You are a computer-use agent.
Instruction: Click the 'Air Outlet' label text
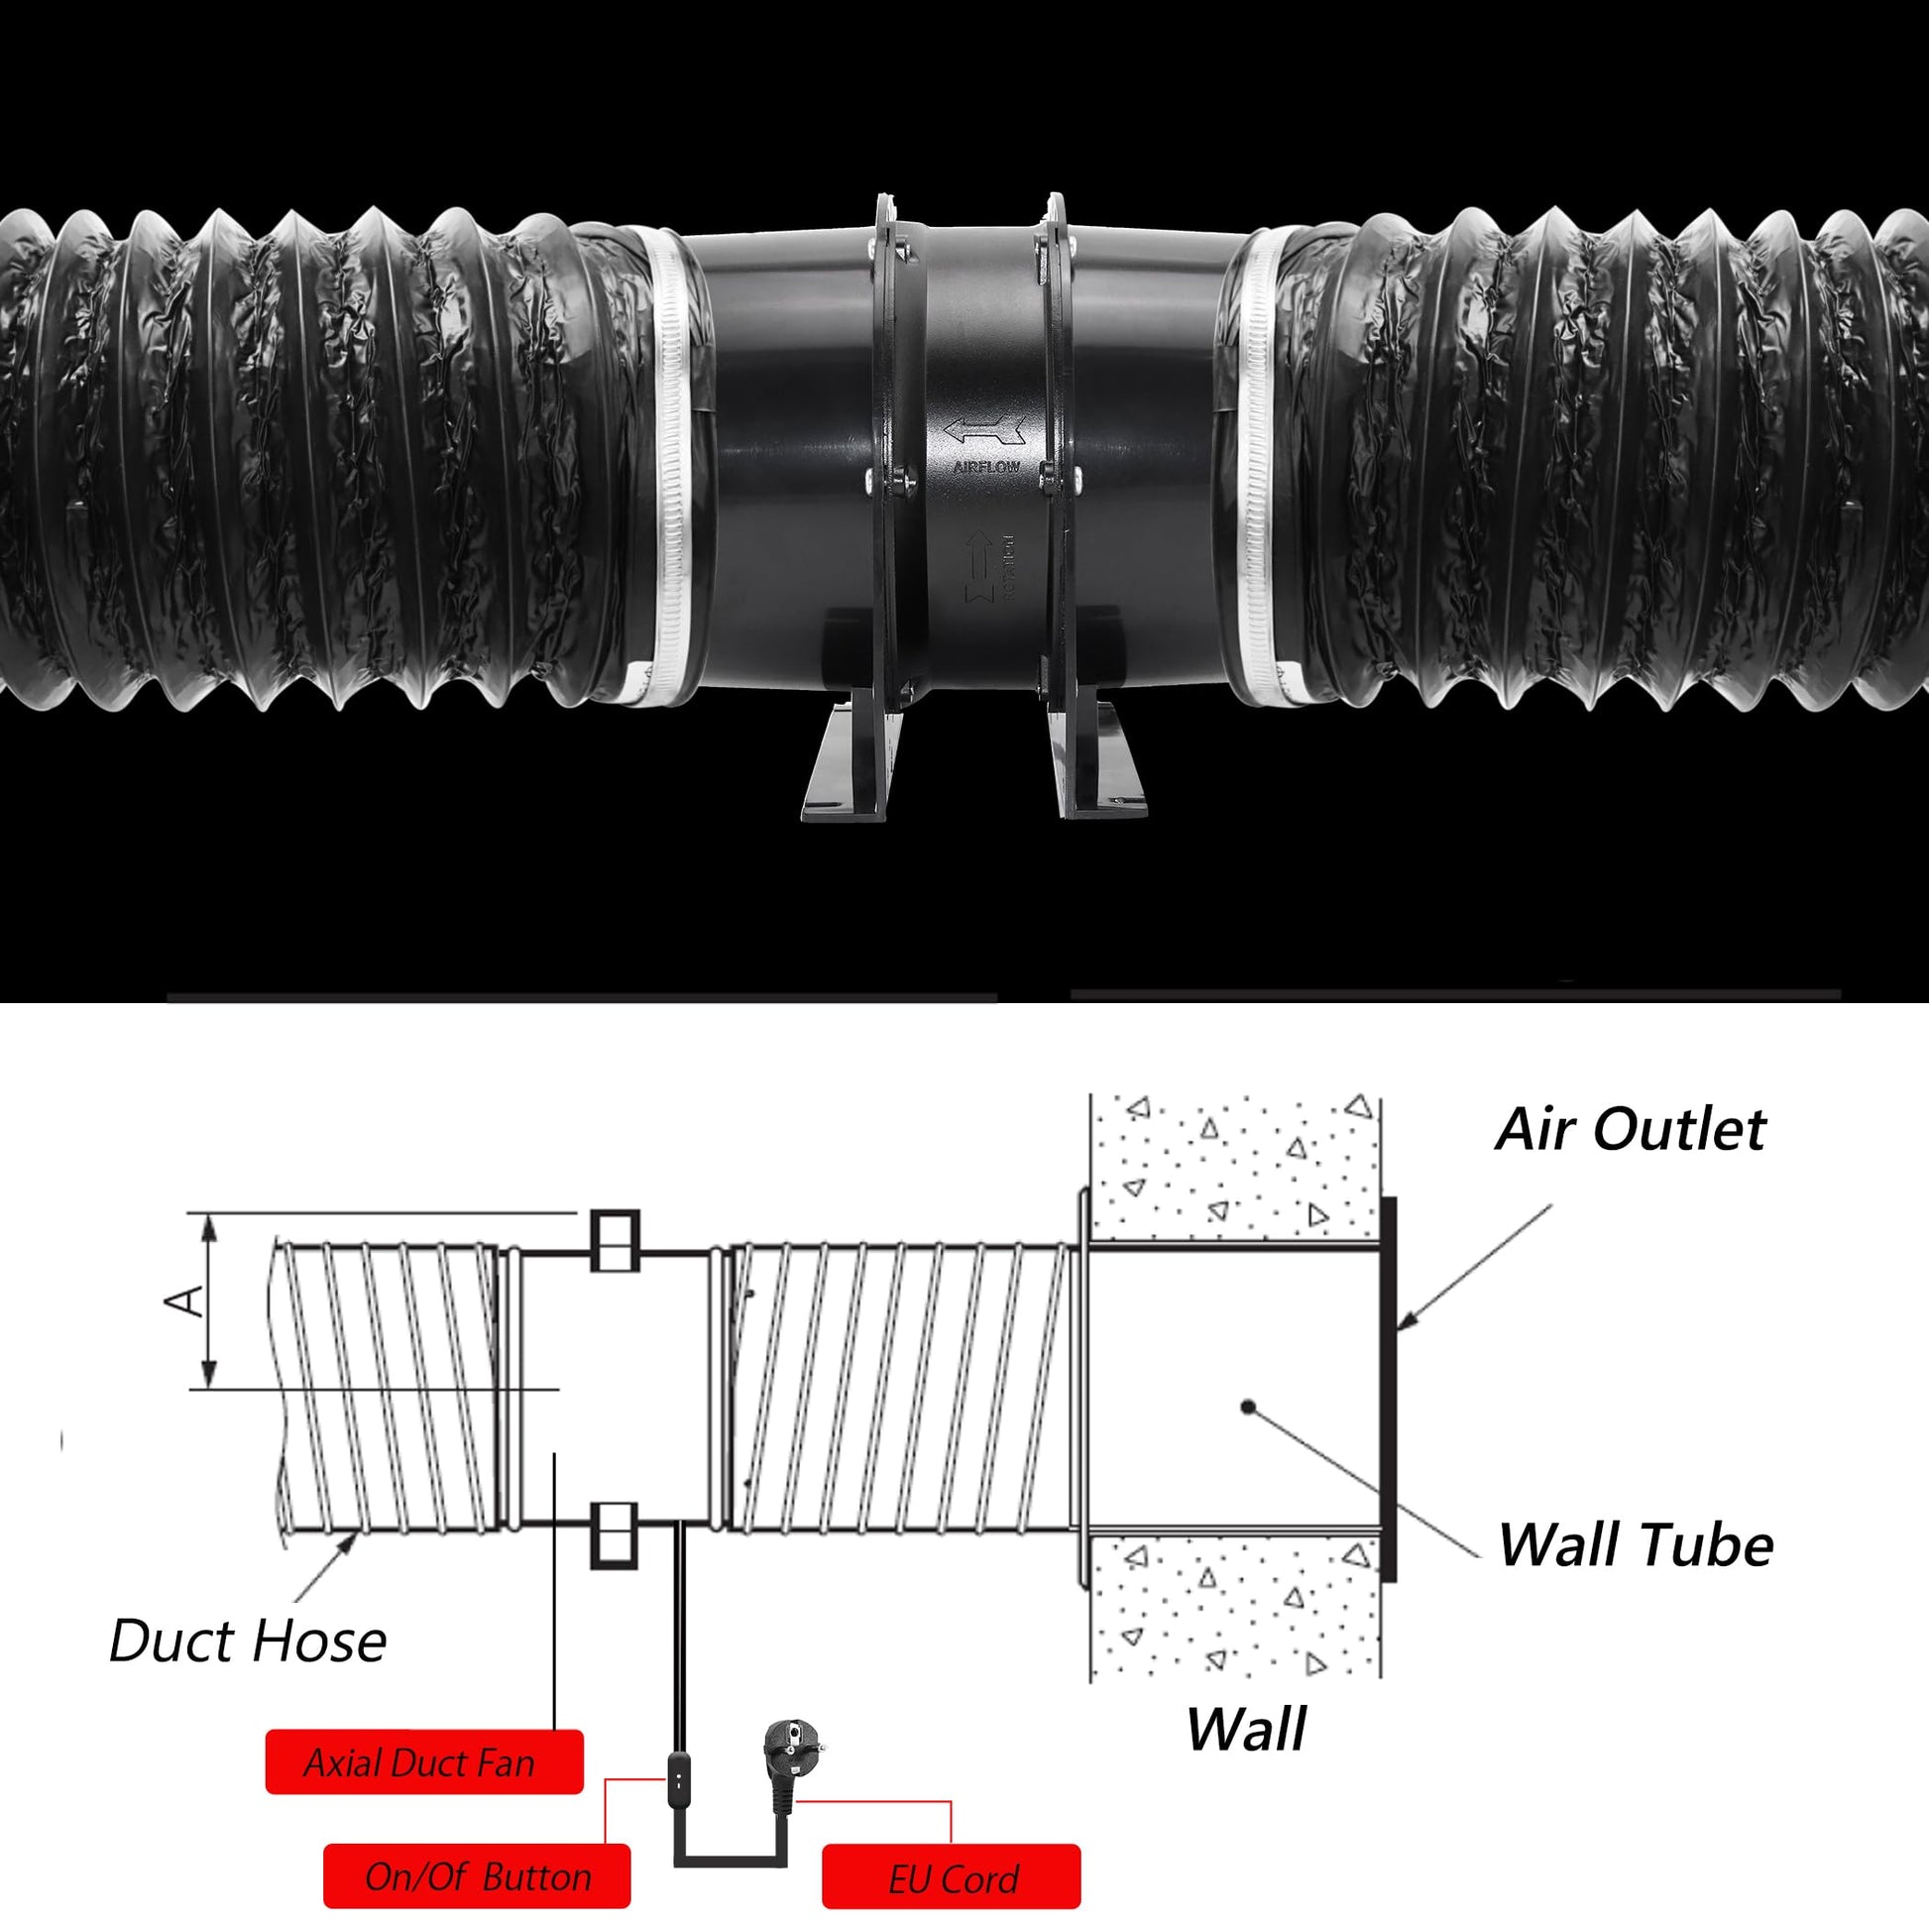pos(1630,1130)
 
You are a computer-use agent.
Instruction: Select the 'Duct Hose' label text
pos(248,1642)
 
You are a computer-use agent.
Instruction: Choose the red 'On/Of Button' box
pos(477,1877)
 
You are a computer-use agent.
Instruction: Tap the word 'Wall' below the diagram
pos(1245,1730)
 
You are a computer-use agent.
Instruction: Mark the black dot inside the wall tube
pos(1248,1406)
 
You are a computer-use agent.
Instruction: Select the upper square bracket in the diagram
pos(615,1241)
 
